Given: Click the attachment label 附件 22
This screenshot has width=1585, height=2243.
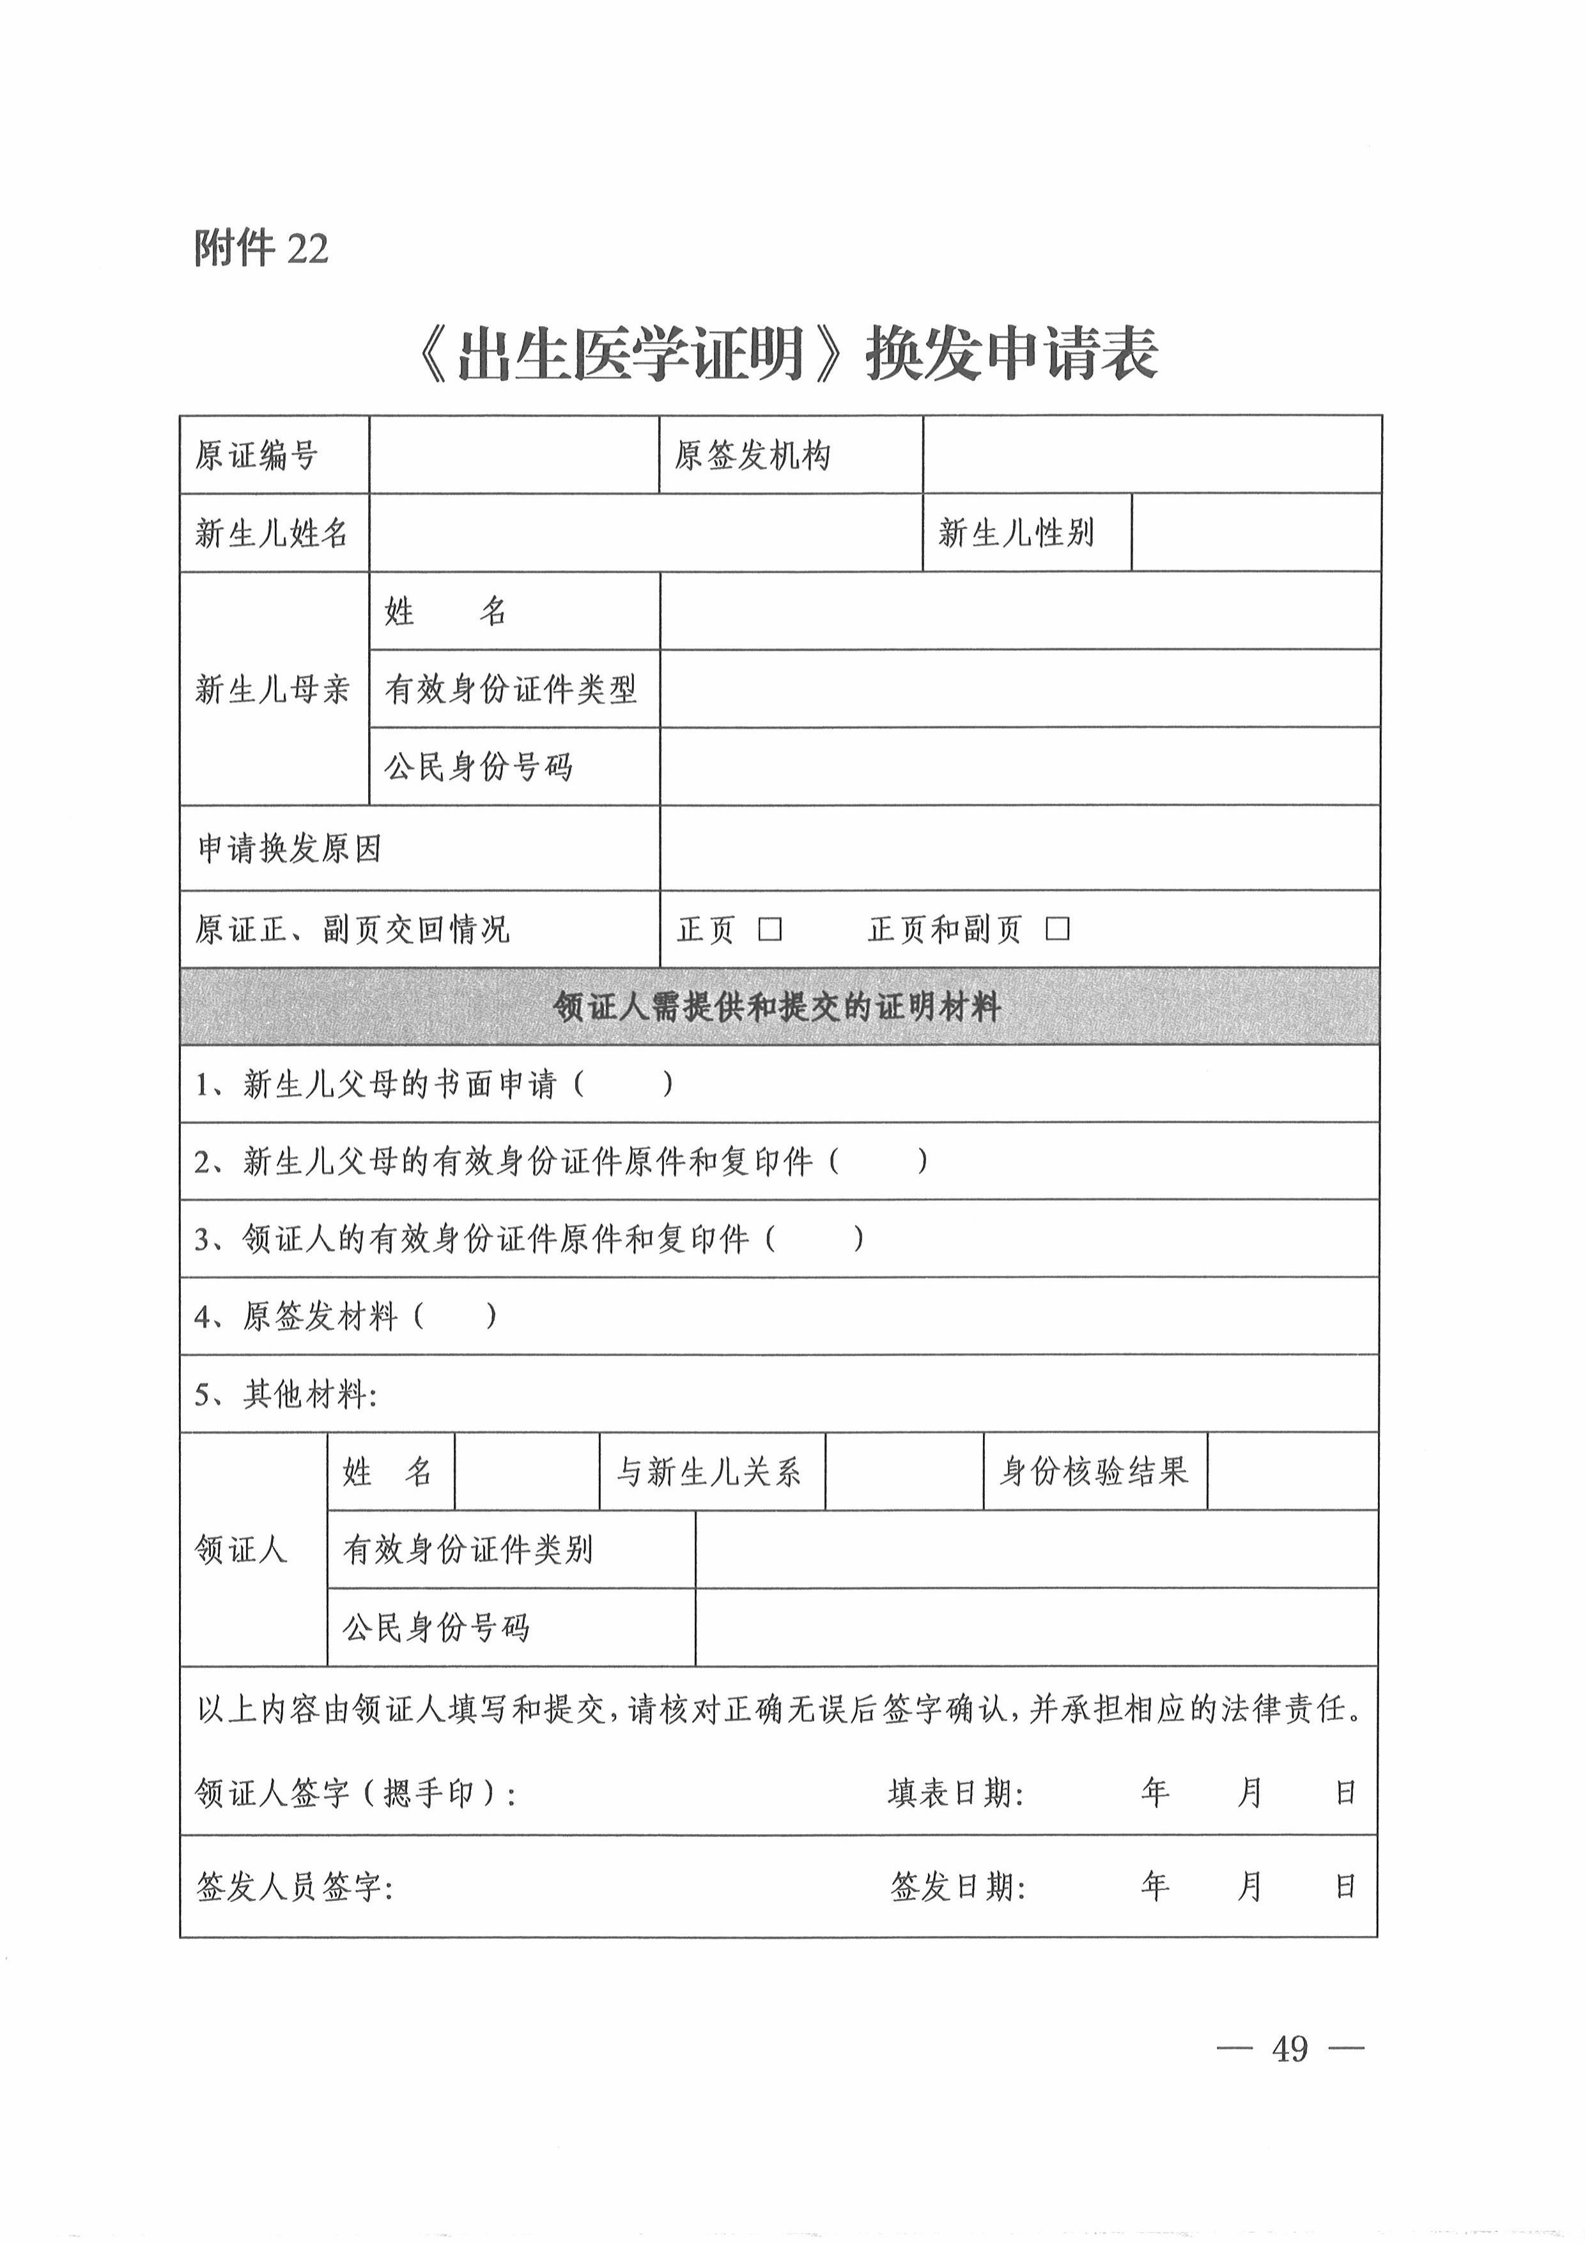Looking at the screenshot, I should pos(261,249).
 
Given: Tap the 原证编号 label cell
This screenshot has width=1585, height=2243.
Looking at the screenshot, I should pos(257,455).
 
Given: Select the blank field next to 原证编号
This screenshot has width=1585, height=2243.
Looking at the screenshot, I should pos(514,455).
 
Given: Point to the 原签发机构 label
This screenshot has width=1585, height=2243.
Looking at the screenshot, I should pos(752,455).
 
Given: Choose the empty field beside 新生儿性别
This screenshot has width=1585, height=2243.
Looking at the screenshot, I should pos(1256,533).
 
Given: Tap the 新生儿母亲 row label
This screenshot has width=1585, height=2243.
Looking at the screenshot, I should pos(272,690).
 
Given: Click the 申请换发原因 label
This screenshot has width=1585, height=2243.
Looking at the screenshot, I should pos(289,849).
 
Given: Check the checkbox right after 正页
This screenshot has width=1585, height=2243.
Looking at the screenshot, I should pos(771,929).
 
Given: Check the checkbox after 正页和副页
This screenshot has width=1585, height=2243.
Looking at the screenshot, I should pos(1058,929).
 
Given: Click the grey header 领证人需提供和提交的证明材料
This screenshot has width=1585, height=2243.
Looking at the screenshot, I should pos(778,1007).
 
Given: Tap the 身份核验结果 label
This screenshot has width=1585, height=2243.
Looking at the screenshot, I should pos(1094,1473).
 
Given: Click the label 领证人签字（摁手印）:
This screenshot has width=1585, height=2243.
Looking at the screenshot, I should pos(355,1794).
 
